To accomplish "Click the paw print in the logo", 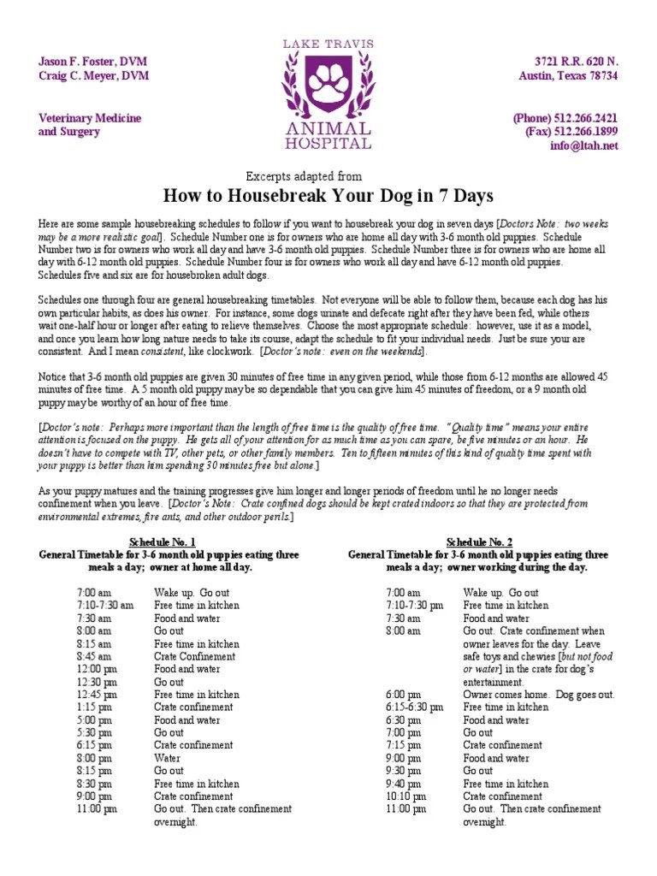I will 328,84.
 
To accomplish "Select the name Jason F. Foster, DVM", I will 92,62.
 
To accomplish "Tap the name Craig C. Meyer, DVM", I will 92,75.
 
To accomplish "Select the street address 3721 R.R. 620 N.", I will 576,62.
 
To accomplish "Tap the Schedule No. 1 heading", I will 162,542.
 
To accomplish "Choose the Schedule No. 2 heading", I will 479,542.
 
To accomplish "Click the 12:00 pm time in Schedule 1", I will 97,669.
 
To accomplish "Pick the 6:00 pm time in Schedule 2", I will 403,695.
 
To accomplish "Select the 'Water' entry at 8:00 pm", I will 168,758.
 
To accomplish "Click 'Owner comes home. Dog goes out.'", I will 538,695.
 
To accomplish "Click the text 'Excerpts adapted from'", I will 304,175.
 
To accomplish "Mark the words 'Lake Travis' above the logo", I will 328,43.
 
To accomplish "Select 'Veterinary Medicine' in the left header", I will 90,118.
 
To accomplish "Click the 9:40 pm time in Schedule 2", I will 403,784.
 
